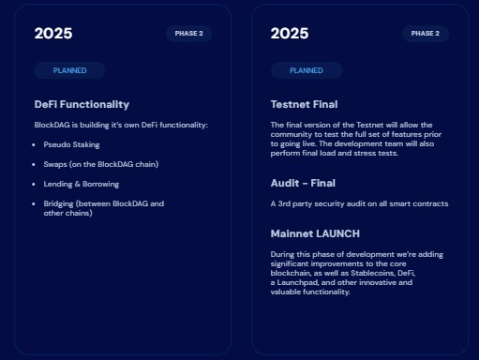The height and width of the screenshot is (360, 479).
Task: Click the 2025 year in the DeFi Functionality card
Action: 53,34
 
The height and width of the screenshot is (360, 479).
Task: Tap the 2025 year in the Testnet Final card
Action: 290,34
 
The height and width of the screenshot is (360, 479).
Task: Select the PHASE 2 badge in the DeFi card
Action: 188,34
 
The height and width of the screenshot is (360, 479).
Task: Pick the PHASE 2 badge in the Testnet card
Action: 426,34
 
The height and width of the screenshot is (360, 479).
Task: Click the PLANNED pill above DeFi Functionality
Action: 69,70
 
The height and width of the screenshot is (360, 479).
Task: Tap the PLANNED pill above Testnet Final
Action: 307,70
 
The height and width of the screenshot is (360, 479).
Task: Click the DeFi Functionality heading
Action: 82,104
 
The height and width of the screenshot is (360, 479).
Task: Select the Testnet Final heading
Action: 304,104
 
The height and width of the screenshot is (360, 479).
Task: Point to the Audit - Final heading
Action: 303,183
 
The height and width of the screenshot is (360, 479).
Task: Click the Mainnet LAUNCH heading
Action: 315,233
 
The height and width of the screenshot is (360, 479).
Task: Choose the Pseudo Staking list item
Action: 71,144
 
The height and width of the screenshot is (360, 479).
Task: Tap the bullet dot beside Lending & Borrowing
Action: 34,184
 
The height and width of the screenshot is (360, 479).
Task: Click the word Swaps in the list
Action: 55,164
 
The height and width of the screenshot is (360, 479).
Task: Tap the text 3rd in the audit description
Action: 284,203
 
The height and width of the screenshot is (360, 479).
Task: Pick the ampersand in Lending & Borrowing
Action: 78,184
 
